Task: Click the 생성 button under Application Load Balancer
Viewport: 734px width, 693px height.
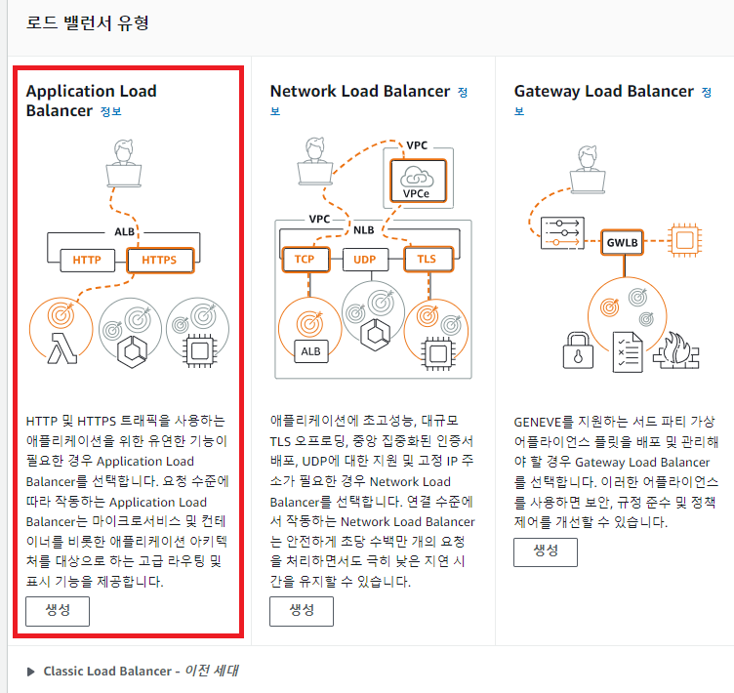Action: click(58, 610)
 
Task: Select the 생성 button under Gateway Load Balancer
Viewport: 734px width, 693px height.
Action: click(546, 550)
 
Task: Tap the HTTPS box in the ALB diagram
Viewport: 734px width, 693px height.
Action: click(159, 261)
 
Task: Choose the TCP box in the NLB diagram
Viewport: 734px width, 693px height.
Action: click(305, 260)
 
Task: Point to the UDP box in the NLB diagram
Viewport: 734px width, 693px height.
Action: click(364, 260)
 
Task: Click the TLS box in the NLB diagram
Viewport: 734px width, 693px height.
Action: click(426, 260)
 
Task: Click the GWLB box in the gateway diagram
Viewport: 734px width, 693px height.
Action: click(622, 240)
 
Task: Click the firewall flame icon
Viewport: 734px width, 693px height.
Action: click(673, 352)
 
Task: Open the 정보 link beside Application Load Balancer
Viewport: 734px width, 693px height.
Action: click(111, 111)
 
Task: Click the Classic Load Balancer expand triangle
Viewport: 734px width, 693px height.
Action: click(32, 672)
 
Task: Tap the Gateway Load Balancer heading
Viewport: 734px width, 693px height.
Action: click(603, 91)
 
